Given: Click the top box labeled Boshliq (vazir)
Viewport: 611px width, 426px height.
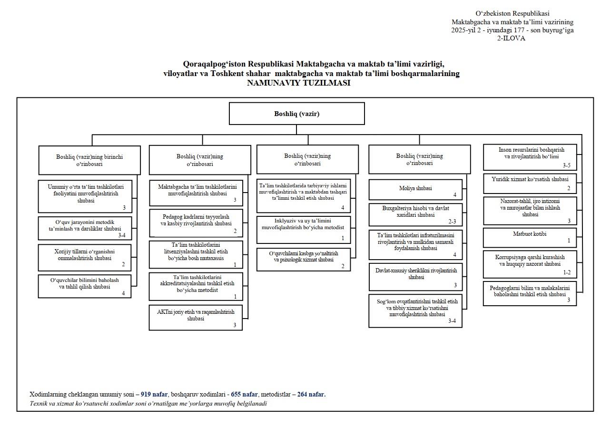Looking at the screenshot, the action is [297, 114].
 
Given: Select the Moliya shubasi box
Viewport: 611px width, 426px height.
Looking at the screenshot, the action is [415, 190].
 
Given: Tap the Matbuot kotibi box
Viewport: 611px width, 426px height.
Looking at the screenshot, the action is [530, 238].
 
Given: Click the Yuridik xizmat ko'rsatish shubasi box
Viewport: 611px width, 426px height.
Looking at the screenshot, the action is [530, 184].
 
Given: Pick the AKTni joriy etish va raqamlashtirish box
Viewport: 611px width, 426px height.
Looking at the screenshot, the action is [196, 318].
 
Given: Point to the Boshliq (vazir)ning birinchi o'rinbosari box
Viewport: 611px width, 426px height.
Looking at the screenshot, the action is [89, 160].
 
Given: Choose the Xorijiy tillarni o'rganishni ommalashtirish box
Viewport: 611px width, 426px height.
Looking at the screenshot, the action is [85, 258].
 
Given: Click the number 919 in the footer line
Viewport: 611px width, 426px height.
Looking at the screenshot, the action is [146, 395].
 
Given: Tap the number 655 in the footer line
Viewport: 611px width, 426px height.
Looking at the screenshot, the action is [236, 395].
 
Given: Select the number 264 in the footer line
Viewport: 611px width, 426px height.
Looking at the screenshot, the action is [303, 395].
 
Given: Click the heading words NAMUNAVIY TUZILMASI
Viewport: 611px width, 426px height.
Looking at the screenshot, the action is [299, 83].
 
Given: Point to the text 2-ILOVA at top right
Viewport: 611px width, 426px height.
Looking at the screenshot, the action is [511, 38].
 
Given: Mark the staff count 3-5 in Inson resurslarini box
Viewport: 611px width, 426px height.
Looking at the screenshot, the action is [567, 165].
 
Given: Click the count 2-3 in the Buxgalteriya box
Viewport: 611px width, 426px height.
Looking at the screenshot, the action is [452, 221].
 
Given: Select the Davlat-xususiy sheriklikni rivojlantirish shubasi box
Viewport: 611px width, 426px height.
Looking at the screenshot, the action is [415, 277].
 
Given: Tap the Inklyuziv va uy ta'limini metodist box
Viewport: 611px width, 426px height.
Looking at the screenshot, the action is [303, 230].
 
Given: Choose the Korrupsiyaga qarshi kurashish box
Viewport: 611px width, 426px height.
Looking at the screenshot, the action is [530, 264].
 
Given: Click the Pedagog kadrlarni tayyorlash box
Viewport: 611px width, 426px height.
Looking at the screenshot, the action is [196, 223].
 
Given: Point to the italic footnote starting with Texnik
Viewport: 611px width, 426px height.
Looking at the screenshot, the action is [148, 403].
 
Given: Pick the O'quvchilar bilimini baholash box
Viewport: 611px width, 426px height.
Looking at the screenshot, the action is [85, 286].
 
